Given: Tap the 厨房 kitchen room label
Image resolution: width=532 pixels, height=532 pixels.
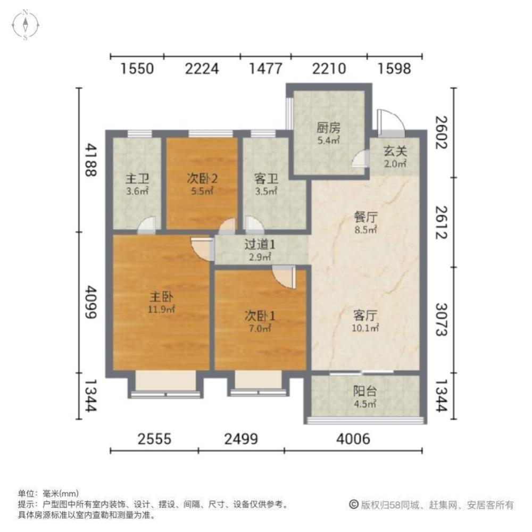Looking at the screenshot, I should click(328, 128).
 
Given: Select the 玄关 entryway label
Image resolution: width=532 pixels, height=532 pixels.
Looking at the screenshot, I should click(395, 151).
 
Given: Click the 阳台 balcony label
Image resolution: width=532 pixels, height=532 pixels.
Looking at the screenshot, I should click(365, 392).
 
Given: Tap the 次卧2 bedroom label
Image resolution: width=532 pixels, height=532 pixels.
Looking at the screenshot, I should click(201, 179).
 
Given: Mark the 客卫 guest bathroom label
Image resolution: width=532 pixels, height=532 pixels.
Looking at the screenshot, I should click(267, 179).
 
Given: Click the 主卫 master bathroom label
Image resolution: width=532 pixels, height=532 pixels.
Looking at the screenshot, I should click(136, 179).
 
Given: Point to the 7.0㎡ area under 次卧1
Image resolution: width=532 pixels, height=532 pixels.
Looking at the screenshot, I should click(260, 328).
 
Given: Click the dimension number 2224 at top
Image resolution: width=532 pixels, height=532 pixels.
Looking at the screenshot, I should click(202, 69).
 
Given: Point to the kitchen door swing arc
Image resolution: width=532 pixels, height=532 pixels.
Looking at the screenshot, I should click(362, 159).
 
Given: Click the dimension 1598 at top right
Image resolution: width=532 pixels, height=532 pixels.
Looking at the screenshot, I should click(394, 69).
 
